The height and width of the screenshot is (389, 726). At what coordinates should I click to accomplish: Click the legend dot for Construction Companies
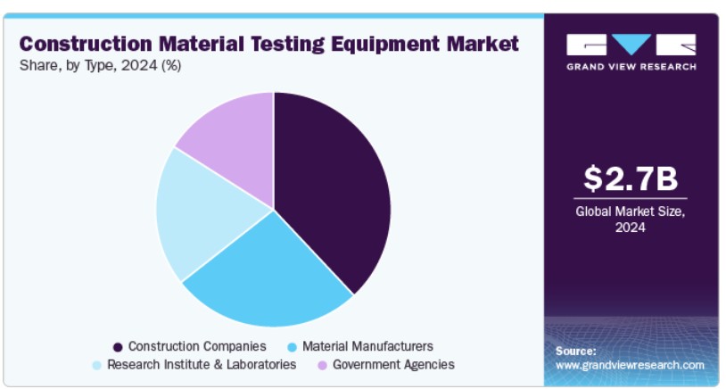(x=118, y=347)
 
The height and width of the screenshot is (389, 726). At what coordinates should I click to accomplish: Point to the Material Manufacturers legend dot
(x=292, y=347)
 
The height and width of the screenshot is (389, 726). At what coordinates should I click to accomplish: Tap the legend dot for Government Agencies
(x=322, y=366)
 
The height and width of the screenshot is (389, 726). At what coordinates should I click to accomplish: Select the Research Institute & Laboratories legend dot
(x=96, y=366)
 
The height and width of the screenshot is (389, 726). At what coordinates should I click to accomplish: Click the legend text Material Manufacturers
(x=367, y=346)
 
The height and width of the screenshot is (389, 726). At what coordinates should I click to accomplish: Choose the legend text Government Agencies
(x=393, y=365)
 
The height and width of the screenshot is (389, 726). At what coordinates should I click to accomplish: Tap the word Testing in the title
(x=288, y=45)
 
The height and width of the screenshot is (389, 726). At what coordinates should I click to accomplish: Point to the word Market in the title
(x=483, y=44)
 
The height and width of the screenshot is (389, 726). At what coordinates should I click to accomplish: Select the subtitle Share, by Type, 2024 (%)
(x=100, y=66)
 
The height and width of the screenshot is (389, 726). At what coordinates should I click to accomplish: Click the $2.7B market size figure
(x=631, y=178)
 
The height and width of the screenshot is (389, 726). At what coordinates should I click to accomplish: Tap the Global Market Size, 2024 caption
(x=631, y=219)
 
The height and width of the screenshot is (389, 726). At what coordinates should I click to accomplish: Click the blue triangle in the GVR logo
(x=631, y=44)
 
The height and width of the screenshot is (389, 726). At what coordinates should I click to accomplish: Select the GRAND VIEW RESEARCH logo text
(x=631, y=67)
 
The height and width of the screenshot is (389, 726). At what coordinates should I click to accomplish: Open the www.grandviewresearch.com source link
(x=630, y=366)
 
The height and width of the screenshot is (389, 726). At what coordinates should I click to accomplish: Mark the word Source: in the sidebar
(x=576, y=351)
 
